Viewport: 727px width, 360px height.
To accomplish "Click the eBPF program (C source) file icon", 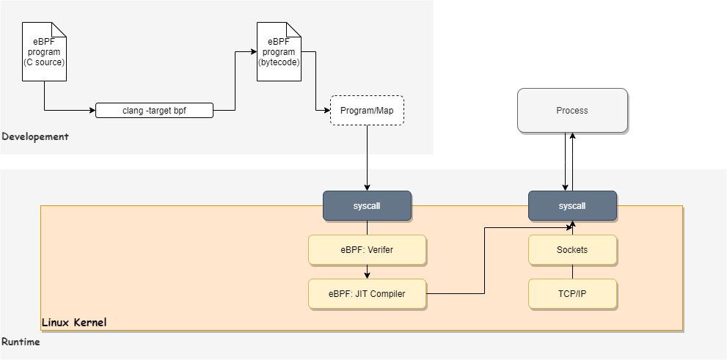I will coord(44,51).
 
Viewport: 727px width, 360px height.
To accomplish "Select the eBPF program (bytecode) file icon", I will coord(279,51).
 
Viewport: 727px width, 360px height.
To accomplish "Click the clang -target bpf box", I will coord(154,111).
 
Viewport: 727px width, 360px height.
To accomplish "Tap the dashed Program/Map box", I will coord(367,111).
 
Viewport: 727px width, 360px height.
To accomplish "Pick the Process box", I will coord(572,111).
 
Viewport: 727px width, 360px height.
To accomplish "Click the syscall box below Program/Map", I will coord(367,206).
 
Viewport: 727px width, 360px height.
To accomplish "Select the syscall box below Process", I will coord(572,206).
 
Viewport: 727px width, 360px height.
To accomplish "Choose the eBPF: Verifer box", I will coord(367,250).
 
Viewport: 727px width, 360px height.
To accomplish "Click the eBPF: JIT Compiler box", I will coord(367,294).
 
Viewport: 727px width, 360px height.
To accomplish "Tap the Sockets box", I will coord(572,250).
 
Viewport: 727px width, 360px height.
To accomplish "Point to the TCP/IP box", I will coord(572,294).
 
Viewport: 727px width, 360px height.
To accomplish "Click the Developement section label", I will coord(35,136).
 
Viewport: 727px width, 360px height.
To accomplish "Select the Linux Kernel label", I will coord(74,323).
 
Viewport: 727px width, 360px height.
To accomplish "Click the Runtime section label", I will coord(21,342).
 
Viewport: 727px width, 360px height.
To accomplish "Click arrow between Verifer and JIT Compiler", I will coord(367,272).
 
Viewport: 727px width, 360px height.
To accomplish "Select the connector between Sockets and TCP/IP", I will coord(572,272).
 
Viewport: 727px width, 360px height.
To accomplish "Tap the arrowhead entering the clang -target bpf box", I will coord(92,111).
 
